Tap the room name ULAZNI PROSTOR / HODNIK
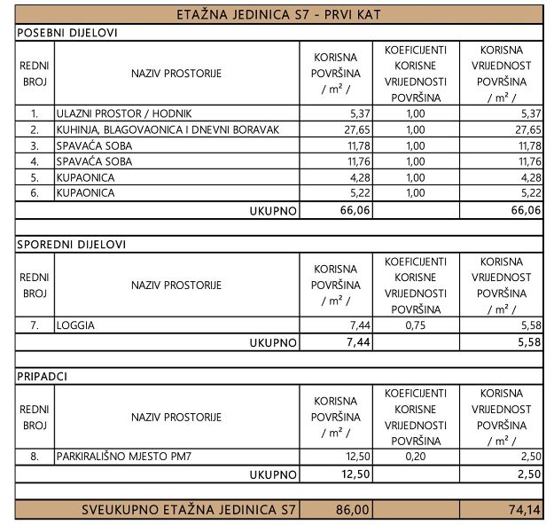coord(123,114)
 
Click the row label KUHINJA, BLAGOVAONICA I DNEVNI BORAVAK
coord(168,129)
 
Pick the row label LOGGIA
coord(75,325)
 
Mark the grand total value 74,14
coord(523,510)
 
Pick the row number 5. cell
coord(35,176)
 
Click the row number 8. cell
coord(35,458)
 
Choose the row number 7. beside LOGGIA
coord(35,325)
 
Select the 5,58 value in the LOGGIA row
coord(527,325)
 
